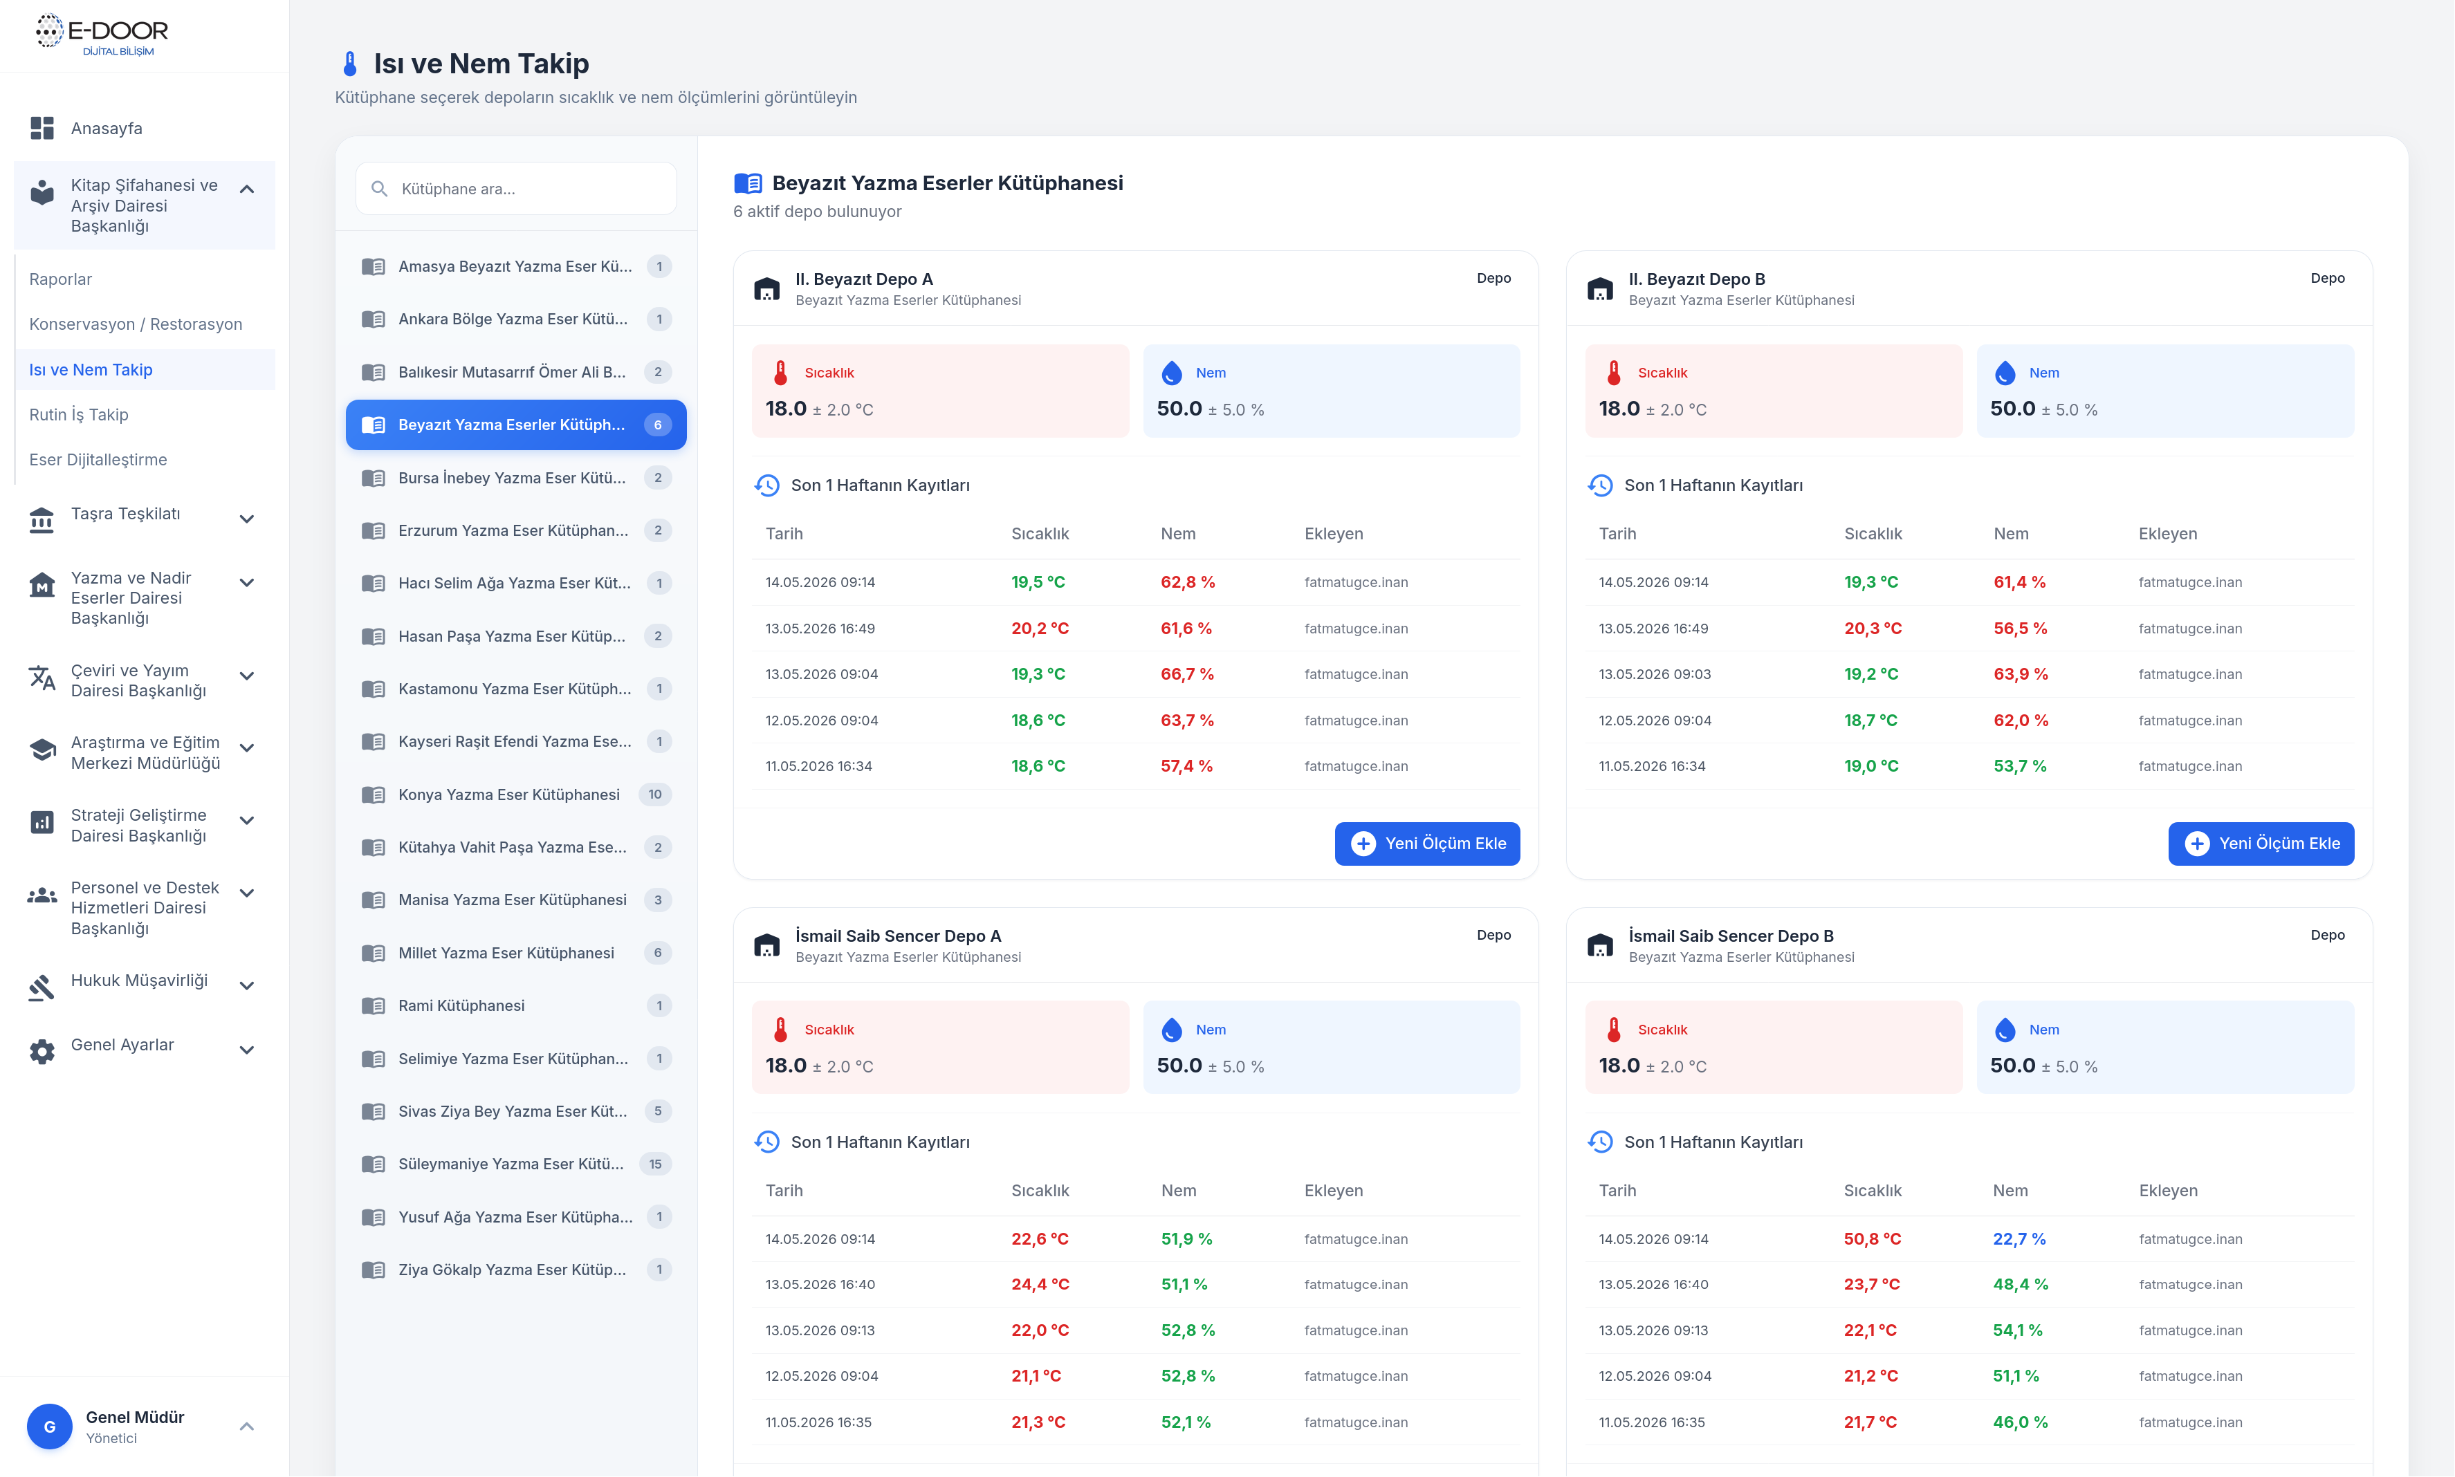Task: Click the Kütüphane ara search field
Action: tap(515, 188)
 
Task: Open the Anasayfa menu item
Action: tap(107, 129)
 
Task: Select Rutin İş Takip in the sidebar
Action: tap(79, 414)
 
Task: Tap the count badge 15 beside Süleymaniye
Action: tap(655, 1164)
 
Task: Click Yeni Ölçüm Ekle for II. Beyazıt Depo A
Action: tap(1426, 843)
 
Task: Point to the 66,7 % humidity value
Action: tap(1186, 674)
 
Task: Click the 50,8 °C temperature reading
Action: tap(1872, 1238)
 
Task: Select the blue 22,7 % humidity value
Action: tap(2019, 1238)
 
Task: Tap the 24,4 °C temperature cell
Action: tap(1039, 1284)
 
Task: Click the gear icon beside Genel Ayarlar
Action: tap(42, 1051)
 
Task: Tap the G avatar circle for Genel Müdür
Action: tap(50, 1427)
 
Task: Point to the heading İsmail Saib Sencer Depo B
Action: tap(1730, 936)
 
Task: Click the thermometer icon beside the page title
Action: tap(349, 64)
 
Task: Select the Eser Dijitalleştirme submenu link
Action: tap(98, 460)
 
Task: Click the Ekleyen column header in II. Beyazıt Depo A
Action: tap(1333, 533)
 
